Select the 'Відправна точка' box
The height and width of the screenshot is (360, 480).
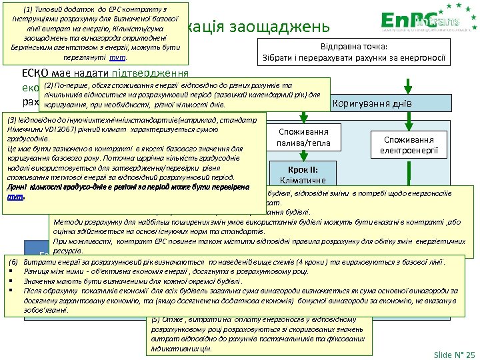tap(353, 52)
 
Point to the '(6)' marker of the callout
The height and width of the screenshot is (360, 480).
tap(11, 262)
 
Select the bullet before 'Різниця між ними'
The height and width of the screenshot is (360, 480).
tap(12, 272)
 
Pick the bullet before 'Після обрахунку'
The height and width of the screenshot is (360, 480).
tap(12, 291)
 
